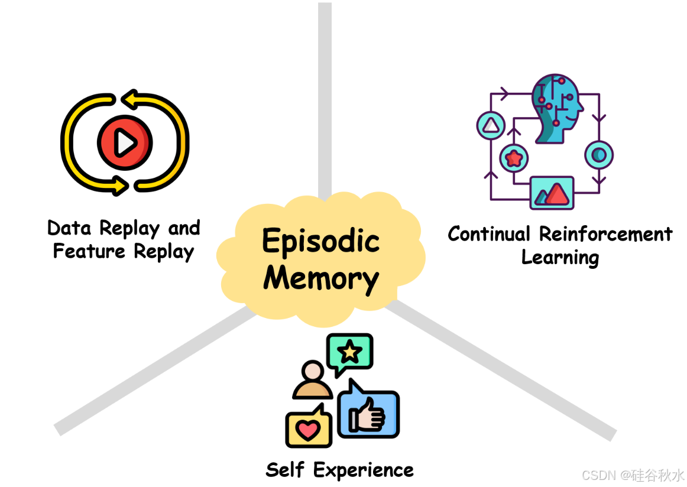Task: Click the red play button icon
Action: (125, 142)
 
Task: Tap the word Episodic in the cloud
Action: (320, 241)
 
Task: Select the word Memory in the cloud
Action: (321, 278)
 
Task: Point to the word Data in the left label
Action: (70, 228)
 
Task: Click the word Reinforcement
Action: (606, 234)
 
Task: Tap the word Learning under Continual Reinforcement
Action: (560, 258)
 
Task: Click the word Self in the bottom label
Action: (286, 470)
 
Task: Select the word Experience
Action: (364, 471)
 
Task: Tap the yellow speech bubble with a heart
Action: (308, 428)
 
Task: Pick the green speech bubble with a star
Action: (350, 353)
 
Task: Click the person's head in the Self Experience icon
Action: (312, 372)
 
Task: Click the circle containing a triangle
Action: (491, 126)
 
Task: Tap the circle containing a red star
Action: (514, 158)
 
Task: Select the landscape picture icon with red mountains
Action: (552, 193)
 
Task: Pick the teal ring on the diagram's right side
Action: (599, 155)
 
